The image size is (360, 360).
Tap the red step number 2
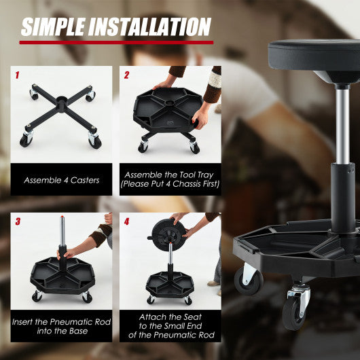click(x=126, y=75)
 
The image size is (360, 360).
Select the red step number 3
click(x=18, y=221)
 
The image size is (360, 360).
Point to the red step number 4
click(x=126, y=221)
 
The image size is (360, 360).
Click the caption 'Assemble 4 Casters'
click(x=61, y=180)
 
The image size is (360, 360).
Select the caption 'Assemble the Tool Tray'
click(x=170, y=175)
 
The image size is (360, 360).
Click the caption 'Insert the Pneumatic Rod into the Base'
click(x=61, y=325)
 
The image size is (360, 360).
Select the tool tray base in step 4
click(x=169, y=282)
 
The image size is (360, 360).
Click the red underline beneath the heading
click(x=115, y=42)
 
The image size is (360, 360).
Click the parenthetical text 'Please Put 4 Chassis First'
click(x=170, y=185)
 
